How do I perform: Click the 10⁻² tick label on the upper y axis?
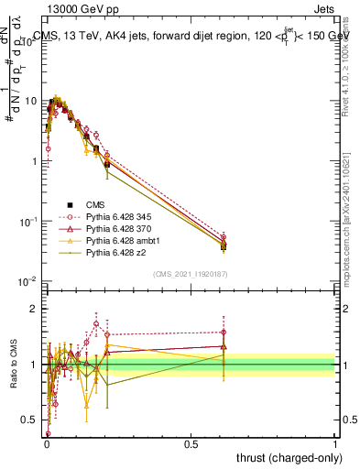pyautogui.click(x=29, y=281)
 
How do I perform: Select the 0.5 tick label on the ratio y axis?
pyautogui.click(x=31, y=420)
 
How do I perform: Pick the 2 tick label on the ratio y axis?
pyautogui.click(x=36, y=309)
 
